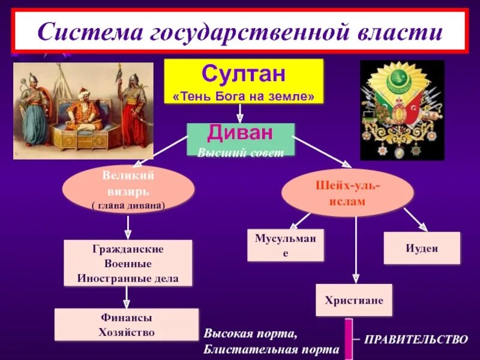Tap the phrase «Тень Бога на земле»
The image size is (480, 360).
pos(244,96)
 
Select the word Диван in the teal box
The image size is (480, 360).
pos(241,132)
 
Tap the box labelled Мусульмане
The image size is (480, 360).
pos(286,245)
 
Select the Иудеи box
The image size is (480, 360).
pos(422,248)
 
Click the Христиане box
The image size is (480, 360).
pos(354,300)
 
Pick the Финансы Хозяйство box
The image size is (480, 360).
pos(127,325)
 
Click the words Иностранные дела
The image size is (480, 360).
pos(128,278)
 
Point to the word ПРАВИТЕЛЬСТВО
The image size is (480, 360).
pos(416,340)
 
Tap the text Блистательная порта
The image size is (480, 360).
pos(271,349)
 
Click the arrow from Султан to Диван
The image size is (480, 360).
pos(240,112)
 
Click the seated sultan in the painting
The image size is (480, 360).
pos(83,111)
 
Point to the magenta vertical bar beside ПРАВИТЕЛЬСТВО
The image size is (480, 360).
pos(347,339)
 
